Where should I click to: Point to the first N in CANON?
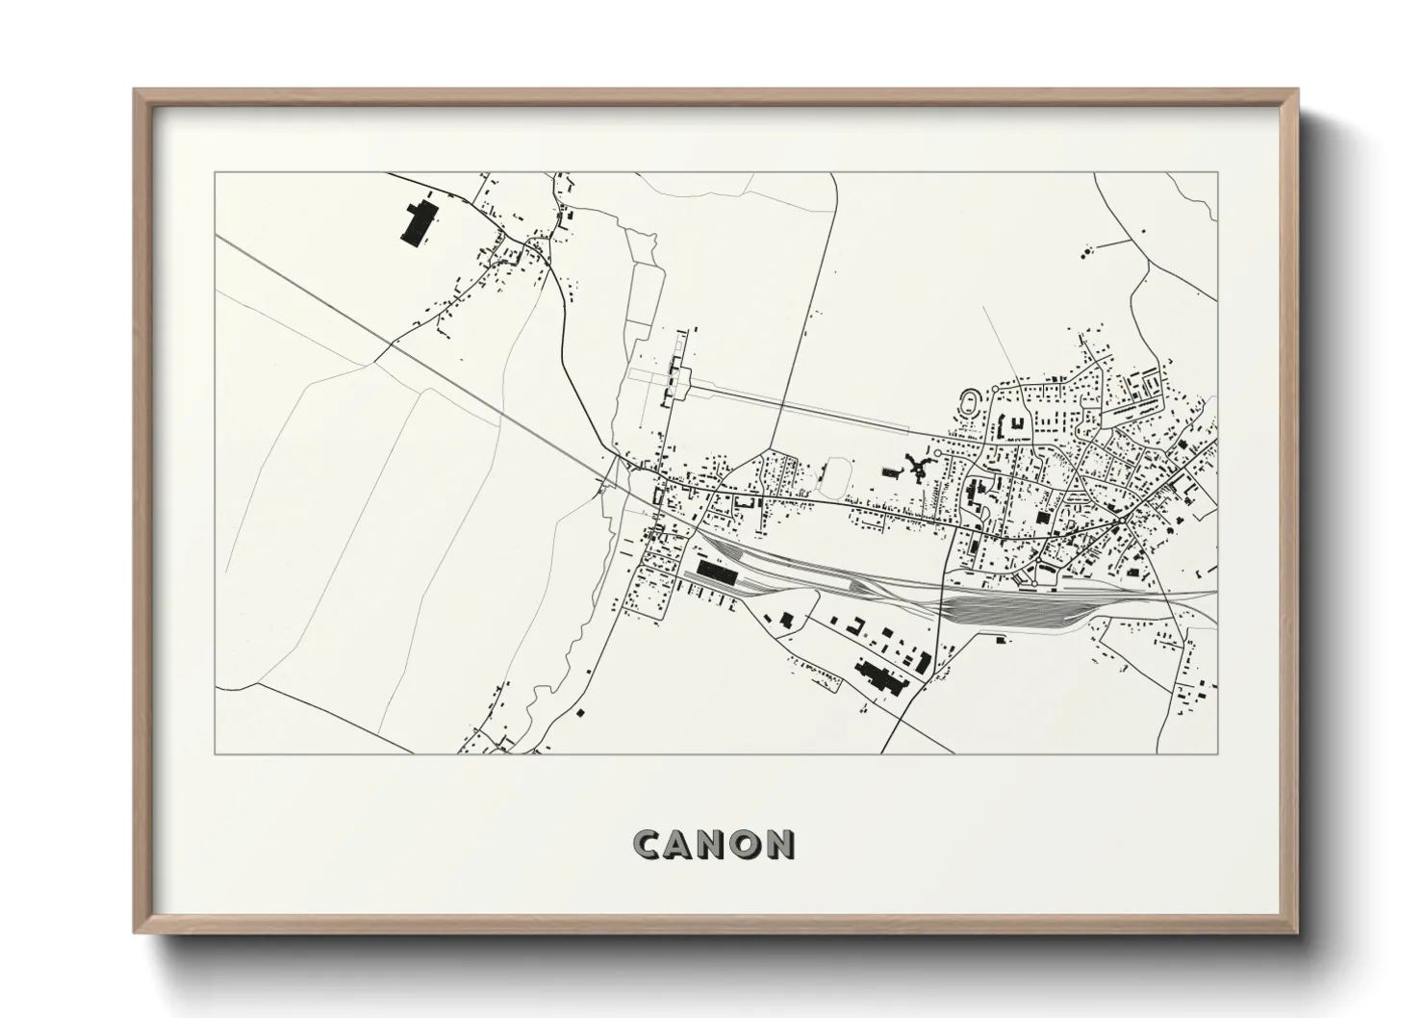714,844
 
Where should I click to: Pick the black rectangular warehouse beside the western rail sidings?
716,573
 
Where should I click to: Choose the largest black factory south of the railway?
877,676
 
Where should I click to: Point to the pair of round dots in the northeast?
1087,252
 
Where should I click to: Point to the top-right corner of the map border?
1217,173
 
